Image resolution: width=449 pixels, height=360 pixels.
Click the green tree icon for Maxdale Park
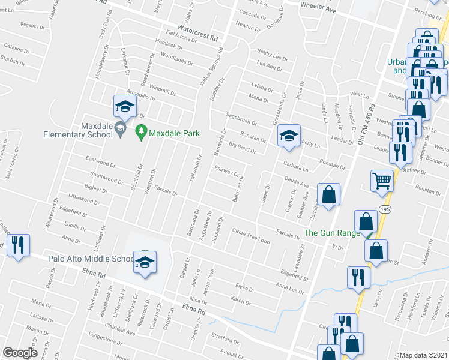coord(142,130)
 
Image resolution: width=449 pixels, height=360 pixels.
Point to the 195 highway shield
coord(385,208)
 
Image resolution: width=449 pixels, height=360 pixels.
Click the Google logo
coord(20,353)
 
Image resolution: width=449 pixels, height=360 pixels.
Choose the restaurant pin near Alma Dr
coord(18,245)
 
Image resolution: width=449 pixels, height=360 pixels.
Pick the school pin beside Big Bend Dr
coord(289,136)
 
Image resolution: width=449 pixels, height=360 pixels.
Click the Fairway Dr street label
coord(228,172)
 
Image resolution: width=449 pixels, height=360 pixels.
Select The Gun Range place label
coord(331,233)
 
